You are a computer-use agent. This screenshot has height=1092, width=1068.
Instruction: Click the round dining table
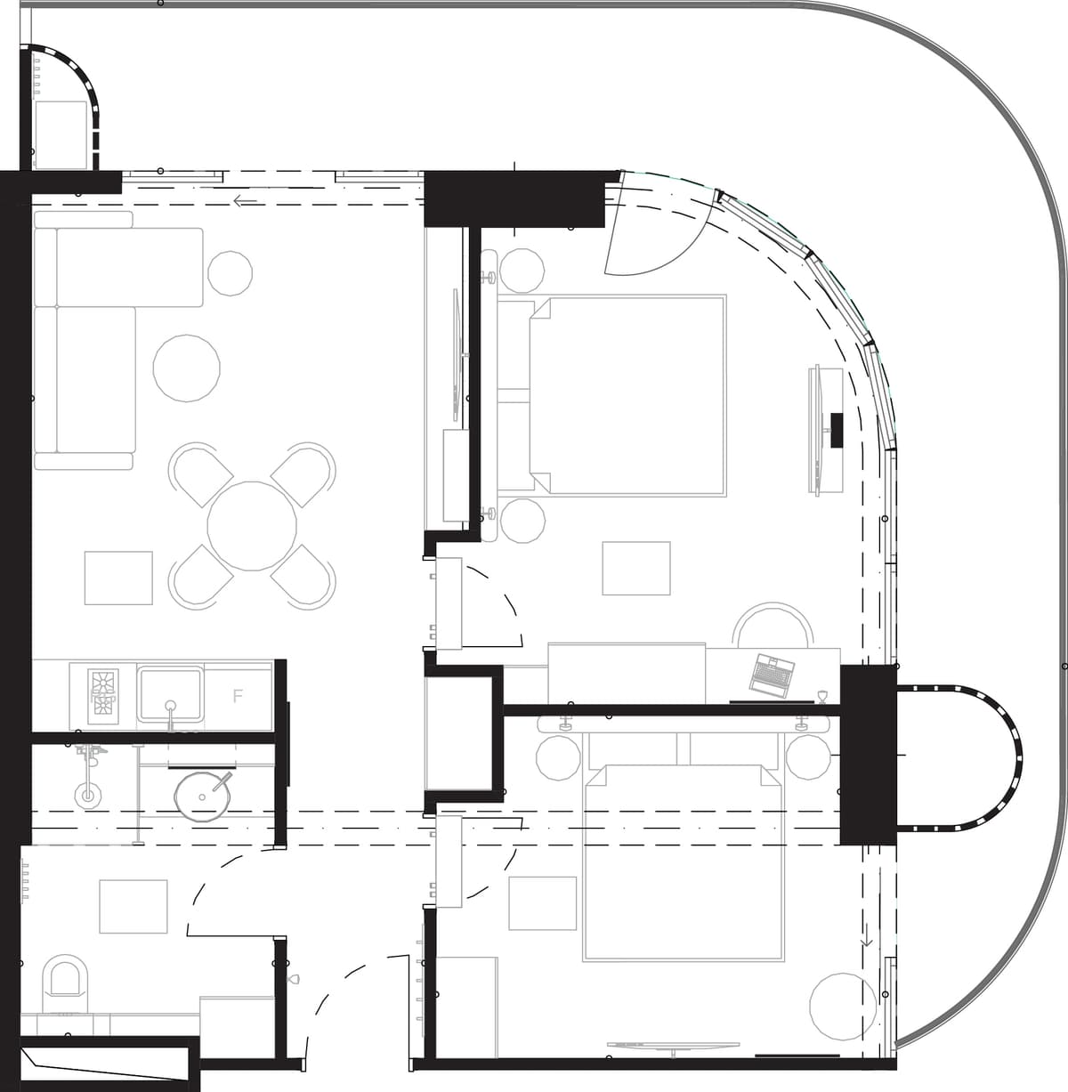(252, 526)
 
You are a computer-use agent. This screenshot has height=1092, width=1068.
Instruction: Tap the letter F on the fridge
(238, 696)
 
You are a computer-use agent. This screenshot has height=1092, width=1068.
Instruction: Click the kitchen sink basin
(170, 693)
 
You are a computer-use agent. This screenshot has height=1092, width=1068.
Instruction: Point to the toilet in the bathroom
(66, 983)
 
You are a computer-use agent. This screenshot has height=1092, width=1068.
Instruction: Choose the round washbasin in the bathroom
(206, 795)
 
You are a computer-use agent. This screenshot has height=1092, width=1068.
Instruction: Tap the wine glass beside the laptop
(821, 696)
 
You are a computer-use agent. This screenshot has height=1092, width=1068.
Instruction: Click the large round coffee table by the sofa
(187, 368)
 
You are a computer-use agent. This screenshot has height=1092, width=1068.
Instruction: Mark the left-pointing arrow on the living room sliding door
(245, 201)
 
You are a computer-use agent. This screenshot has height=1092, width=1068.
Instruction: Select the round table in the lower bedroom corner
(843, 1006)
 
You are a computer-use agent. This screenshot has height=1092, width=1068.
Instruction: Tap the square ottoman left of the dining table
(118, 578)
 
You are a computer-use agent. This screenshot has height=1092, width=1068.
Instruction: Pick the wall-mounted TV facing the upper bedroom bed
(815, 429)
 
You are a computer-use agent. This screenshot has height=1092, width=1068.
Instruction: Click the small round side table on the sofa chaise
(229, 273)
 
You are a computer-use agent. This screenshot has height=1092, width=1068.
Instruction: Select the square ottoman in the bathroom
(133, 906)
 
